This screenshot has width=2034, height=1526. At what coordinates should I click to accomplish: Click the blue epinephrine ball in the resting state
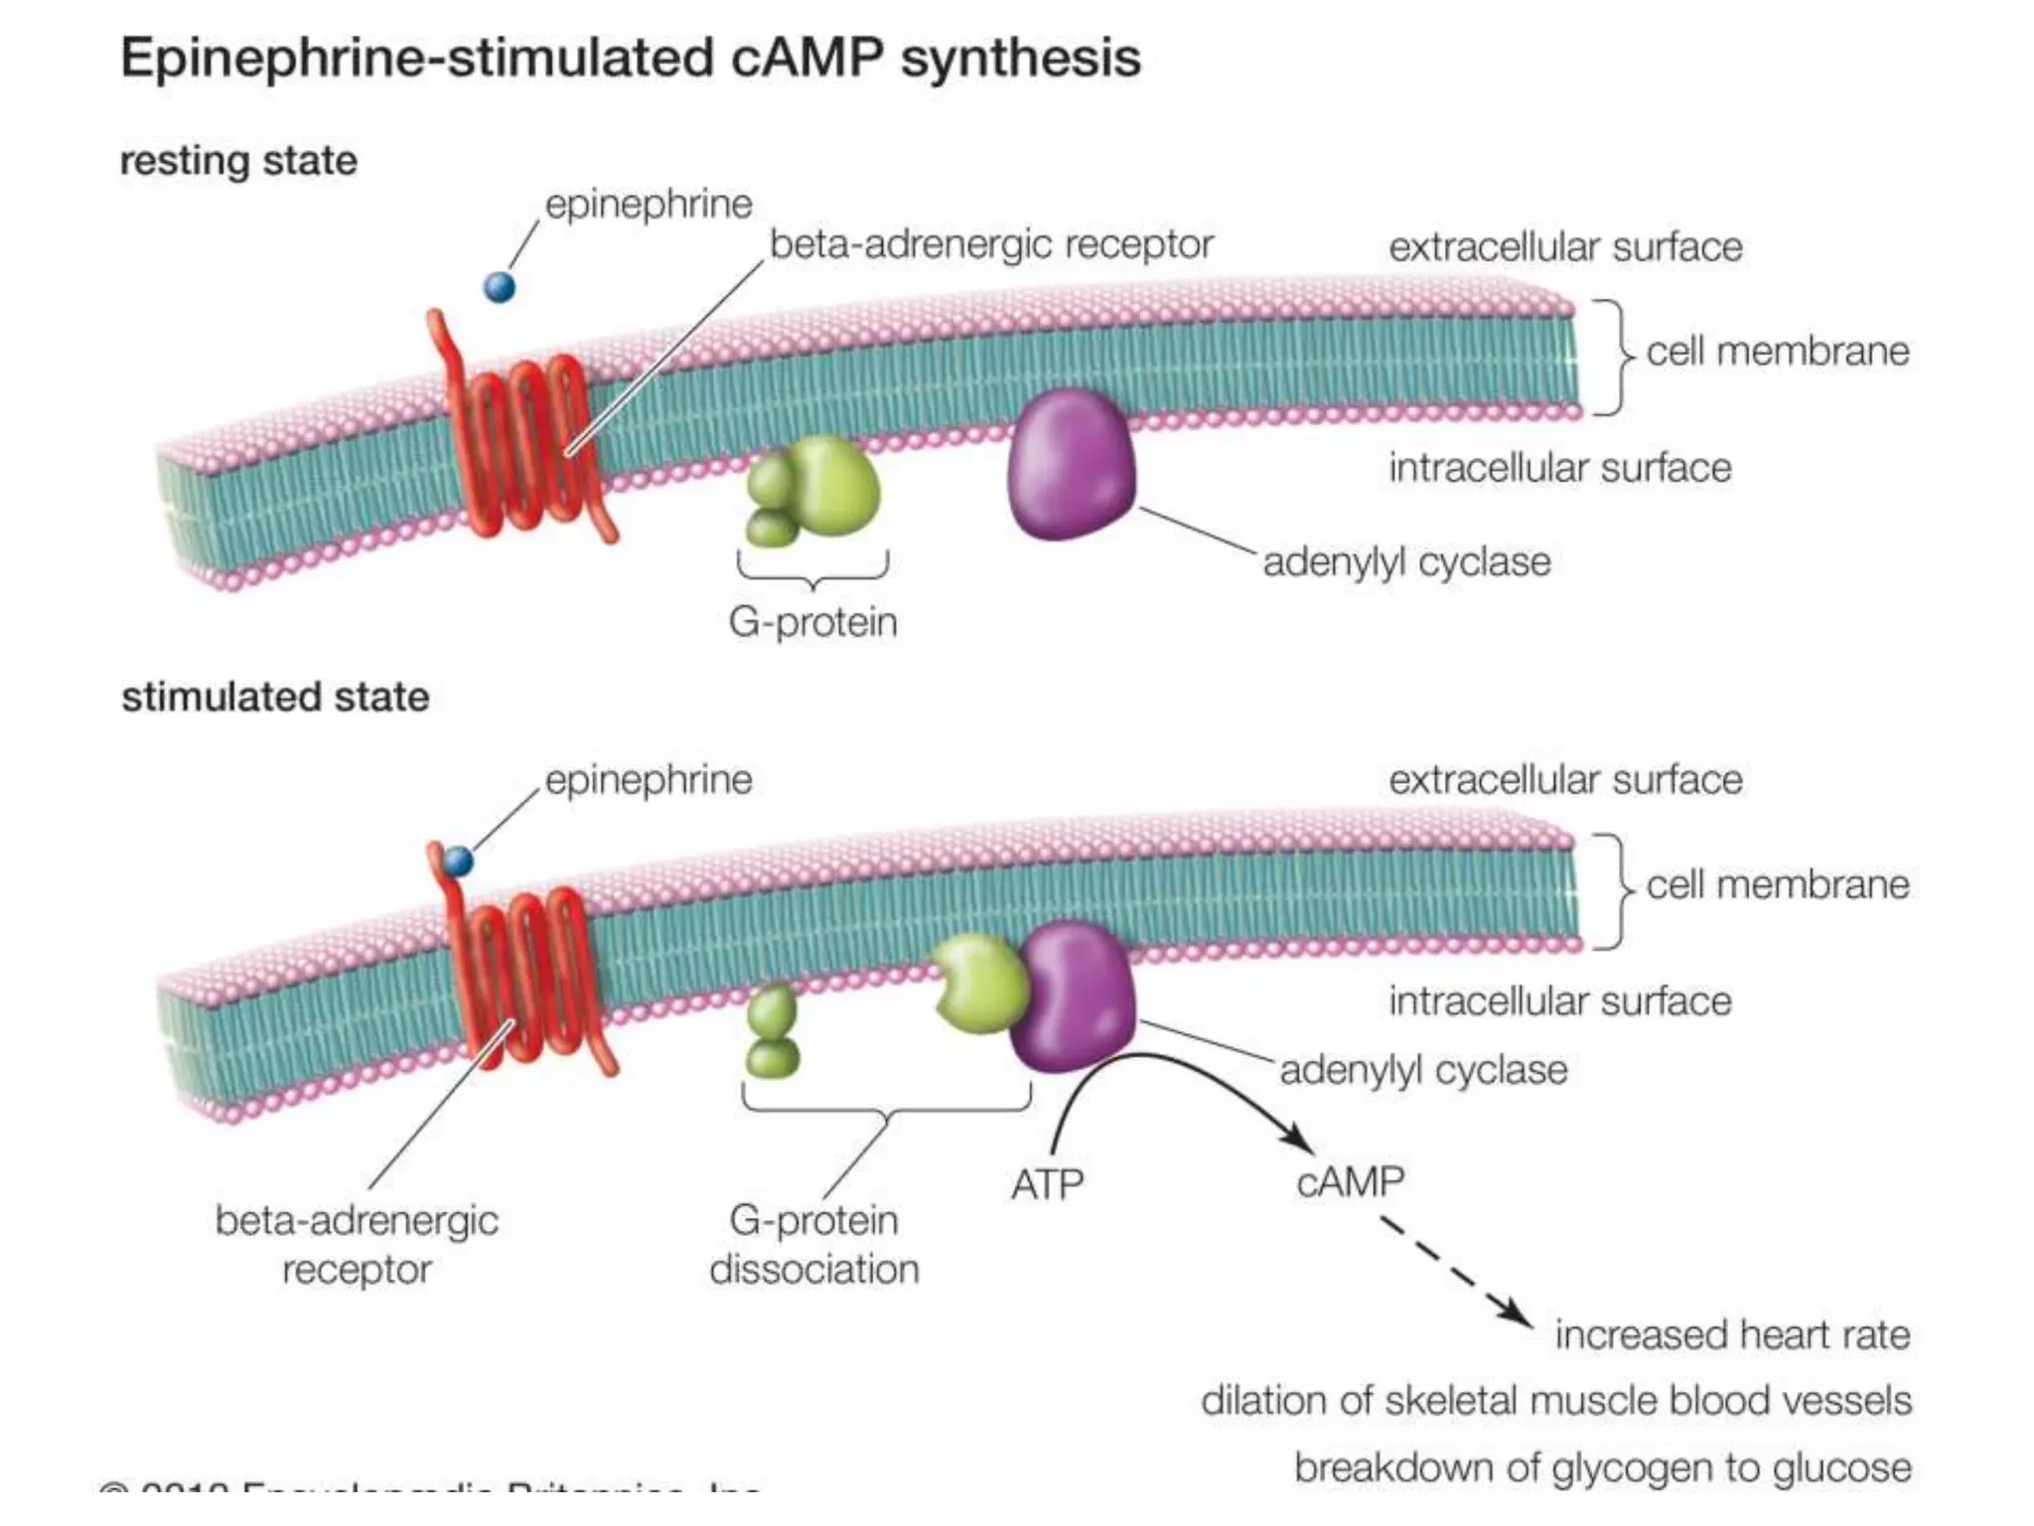pyautogui.click(x=500, y=287)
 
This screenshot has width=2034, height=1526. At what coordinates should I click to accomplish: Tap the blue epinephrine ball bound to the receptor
pyautogui.click(x=458, y=860)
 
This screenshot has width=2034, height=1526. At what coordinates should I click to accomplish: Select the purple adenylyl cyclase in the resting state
pyautogui.click(x=1071, y=465)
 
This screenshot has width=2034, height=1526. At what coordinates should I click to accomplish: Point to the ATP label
pyautogui.click(x=1047, y=1184)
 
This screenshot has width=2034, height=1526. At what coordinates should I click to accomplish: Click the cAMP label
pyautogui.click(x=1350, y=1182)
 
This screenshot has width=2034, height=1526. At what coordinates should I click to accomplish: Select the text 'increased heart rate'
pyautogui.click(x=1731, y=1334)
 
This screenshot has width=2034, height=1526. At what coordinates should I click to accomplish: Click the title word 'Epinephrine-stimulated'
pyautogui.click(x=416, y=58)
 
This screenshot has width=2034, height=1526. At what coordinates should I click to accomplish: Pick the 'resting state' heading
pyautogui.click(x=238, y=161)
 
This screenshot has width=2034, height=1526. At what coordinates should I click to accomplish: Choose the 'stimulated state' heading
pyautogui.click(x=275, y=697)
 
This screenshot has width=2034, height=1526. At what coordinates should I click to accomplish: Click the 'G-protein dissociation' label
pyautogui.click(x=813, y=1244)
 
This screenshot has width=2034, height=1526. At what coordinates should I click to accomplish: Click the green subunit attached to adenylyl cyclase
pyautogui.click(x=980, y=984)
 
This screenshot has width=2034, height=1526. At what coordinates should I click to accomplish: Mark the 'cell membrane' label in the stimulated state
pyautogui.click(x=1777, y=884)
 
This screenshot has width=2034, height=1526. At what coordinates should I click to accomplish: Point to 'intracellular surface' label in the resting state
pyautogui.click(x=1559, y=468)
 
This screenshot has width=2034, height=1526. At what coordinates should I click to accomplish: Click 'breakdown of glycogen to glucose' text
pyautogui.click(x=1602, y=1467)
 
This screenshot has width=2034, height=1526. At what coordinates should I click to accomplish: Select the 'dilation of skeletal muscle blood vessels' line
pyautogui.click(x=1555, y=1401)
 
